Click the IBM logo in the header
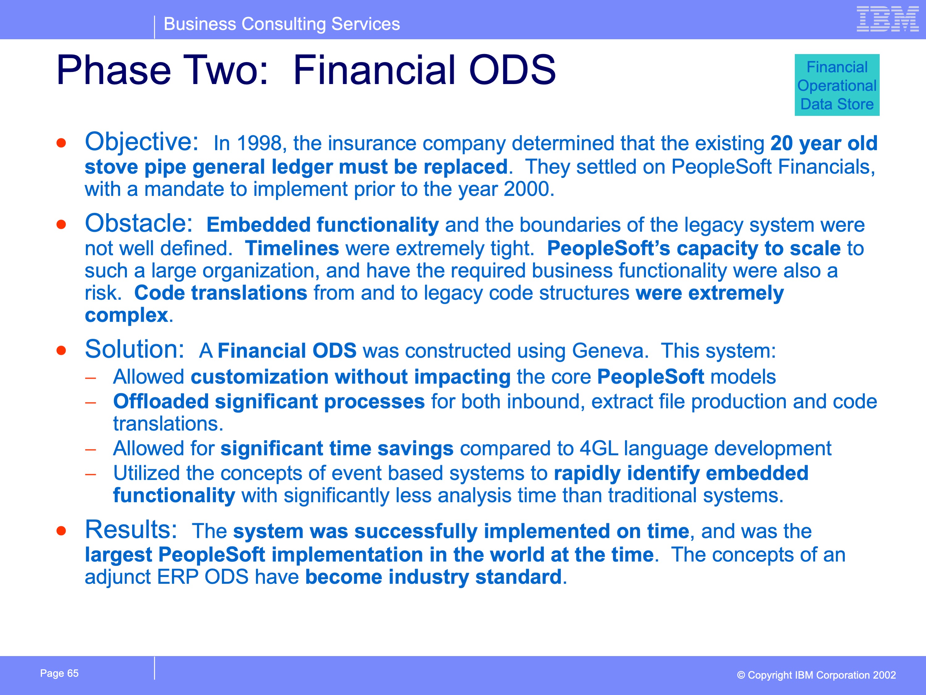coord(887,19)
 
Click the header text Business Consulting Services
coord(282,24)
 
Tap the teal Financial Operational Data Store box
coord(837,85)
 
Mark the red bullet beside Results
coord(61,531)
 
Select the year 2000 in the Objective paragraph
coord(526,189)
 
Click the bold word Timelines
coord(292,248)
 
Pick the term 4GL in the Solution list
coord(599,448)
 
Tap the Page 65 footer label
coord(60,673)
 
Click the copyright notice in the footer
coord(816,675)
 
